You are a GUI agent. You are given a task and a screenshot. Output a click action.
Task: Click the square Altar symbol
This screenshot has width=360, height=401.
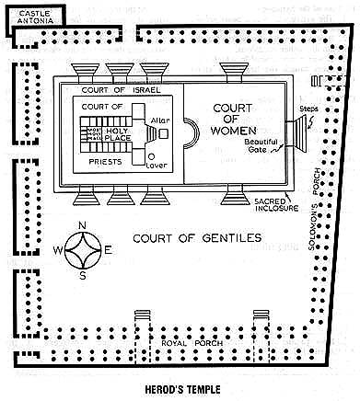[x=164, y=133]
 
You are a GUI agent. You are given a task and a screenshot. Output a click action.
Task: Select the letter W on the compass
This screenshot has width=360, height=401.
[x=58, y=250]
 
